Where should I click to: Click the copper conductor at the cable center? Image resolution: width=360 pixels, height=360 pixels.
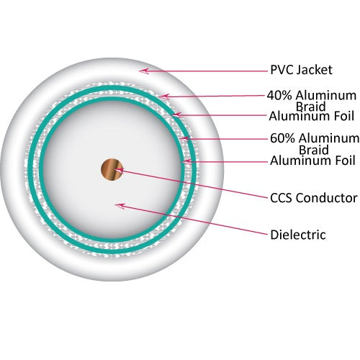tap(112, 170)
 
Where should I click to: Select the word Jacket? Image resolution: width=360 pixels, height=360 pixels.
tap(315, 70)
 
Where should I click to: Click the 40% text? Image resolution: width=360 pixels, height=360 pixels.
tap(279, 96)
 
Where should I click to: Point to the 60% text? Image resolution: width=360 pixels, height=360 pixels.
tap(283, 138)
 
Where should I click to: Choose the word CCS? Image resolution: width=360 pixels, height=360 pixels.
tap(280, 198)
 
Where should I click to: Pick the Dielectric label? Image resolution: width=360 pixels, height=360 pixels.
tap(298, 235)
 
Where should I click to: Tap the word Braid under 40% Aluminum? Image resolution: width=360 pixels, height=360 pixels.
tap(311, 106)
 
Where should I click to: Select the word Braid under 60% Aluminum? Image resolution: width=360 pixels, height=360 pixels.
tap(314, 150)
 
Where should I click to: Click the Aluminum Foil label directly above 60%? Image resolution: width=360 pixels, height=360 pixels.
tap(311, 116)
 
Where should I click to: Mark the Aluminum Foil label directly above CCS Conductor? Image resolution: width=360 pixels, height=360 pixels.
tap(312, 161)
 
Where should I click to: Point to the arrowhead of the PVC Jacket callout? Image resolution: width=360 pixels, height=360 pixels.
tap(143, 71)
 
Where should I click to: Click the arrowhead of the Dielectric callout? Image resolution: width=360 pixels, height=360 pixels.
tap(120, 206)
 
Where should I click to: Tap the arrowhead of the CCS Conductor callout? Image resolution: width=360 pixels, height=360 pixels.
tap(119, 170)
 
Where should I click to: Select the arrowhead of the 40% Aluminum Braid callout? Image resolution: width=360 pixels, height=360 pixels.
tap(164, 96)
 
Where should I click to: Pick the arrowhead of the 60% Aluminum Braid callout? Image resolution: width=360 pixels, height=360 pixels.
tap(184, 138)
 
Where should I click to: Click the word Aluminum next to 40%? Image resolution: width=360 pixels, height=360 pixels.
tap(326, 96)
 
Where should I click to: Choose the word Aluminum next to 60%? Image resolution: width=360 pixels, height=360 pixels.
tap(329, 138)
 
